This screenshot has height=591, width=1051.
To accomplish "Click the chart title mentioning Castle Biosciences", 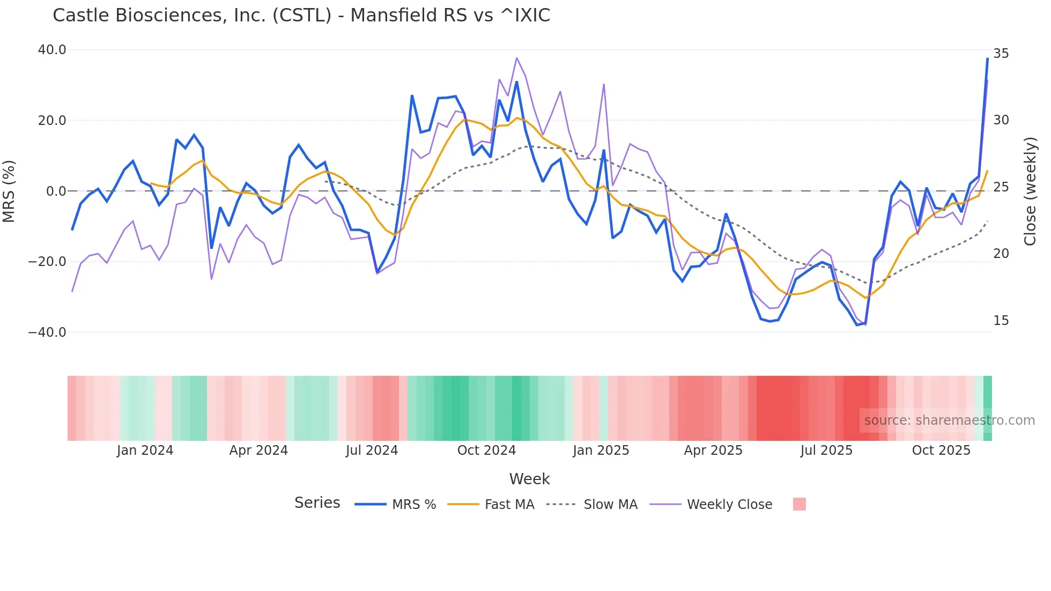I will [301, 16].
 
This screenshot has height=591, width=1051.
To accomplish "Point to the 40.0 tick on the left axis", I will [52, 50].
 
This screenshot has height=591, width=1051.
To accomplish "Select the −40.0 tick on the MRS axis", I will [47, 333].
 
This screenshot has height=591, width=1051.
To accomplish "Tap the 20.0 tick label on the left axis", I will [52, 121].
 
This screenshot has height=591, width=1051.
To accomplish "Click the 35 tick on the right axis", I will [1001, 54].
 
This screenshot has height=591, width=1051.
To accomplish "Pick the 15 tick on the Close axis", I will [1001, 321].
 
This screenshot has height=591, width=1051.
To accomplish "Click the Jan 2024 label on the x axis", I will [145, 450].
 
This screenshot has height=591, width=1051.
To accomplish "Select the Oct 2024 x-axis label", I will [486, 450].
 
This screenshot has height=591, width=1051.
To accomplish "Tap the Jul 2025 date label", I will [826, 450].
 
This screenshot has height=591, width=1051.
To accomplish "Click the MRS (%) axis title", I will [9, 191].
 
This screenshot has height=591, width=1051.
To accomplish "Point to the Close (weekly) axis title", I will [1030, 191].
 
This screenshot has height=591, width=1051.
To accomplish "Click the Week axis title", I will [529, 479].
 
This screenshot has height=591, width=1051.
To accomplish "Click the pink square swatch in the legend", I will [799, 504].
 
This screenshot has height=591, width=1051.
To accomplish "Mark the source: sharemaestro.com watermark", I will [949, 420].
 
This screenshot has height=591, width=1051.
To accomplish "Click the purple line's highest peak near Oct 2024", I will [516, 58].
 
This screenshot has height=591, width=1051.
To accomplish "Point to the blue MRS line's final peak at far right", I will [987, 58].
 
